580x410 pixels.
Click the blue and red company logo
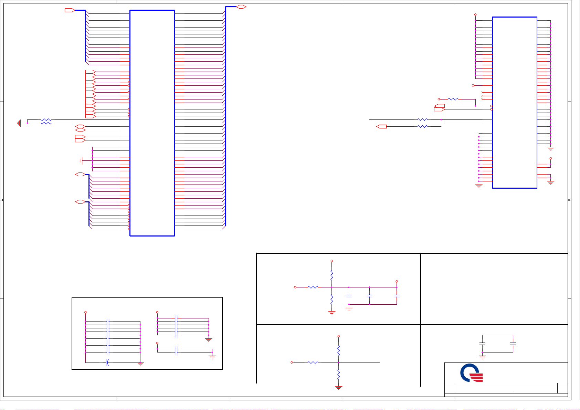click(472, 373)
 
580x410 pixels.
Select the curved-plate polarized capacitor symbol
click(107, 362)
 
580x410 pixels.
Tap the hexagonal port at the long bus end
click(241, 7)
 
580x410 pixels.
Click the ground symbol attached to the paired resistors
click(19, 123)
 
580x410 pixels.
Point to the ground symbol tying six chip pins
click(81, 161)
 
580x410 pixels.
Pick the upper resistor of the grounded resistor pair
click(46, 120)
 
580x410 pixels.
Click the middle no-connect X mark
click(482, 96)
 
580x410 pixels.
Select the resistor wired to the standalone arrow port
click(422, 127)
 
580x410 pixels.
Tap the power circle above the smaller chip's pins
click(475, 15)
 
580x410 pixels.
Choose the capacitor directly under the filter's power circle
click(397, 296)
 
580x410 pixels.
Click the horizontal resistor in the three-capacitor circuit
click(313, 287)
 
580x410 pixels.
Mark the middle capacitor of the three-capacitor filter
click(369, 296)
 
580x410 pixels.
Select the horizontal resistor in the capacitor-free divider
click(313, 362)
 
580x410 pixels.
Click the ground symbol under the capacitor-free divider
click(339, 388)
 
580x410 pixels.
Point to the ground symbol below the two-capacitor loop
click(482, 357)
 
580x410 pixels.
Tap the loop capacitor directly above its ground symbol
click(482, 344)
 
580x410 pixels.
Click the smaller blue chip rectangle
click(515, 103)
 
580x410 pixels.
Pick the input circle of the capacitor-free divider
click(292, 362)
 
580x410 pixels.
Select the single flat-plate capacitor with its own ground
click(176, 351)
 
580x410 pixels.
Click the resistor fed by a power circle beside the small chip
click(453, 99)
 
